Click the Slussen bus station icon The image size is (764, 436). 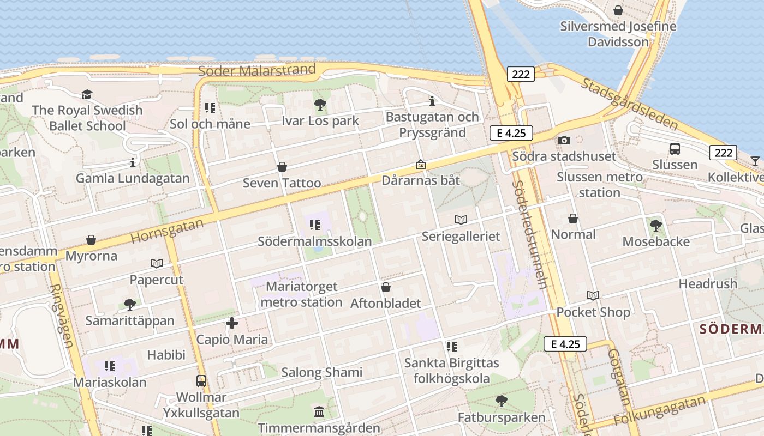tap(675, 148)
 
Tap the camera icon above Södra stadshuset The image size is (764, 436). tap(564, 140)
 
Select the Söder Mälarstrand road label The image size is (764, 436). tap(257, 70)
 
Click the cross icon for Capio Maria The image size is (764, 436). tap(232, 323)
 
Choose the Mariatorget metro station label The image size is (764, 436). tap(302, 294)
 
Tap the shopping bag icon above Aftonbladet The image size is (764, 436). tap(386, 287)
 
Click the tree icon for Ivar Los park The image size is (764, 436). tap(320, 105)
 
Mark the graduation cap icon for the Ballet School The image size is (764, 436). tap(87, 95)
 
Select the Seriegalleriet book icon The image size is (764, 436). tap(461, 220)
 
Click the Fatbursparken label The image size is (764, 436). tap(502, 417)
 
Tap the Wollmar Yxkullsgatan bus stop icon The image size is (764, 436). tap(201, 381)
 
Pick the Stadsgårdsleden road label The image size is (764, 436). tap(629, 104)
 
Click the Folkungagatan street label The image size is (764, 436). tap(660, 411)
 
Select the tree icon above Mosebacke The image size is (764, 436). tap(656, 225)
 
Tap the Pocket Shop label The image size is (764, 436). tap(593, 312)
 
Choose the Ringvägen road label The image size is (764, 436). tap(61, 316)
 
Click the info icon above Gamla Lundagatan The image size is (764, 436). tap(133, 162)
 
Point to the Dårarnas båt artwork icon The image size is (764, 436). tap(421, 165)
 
